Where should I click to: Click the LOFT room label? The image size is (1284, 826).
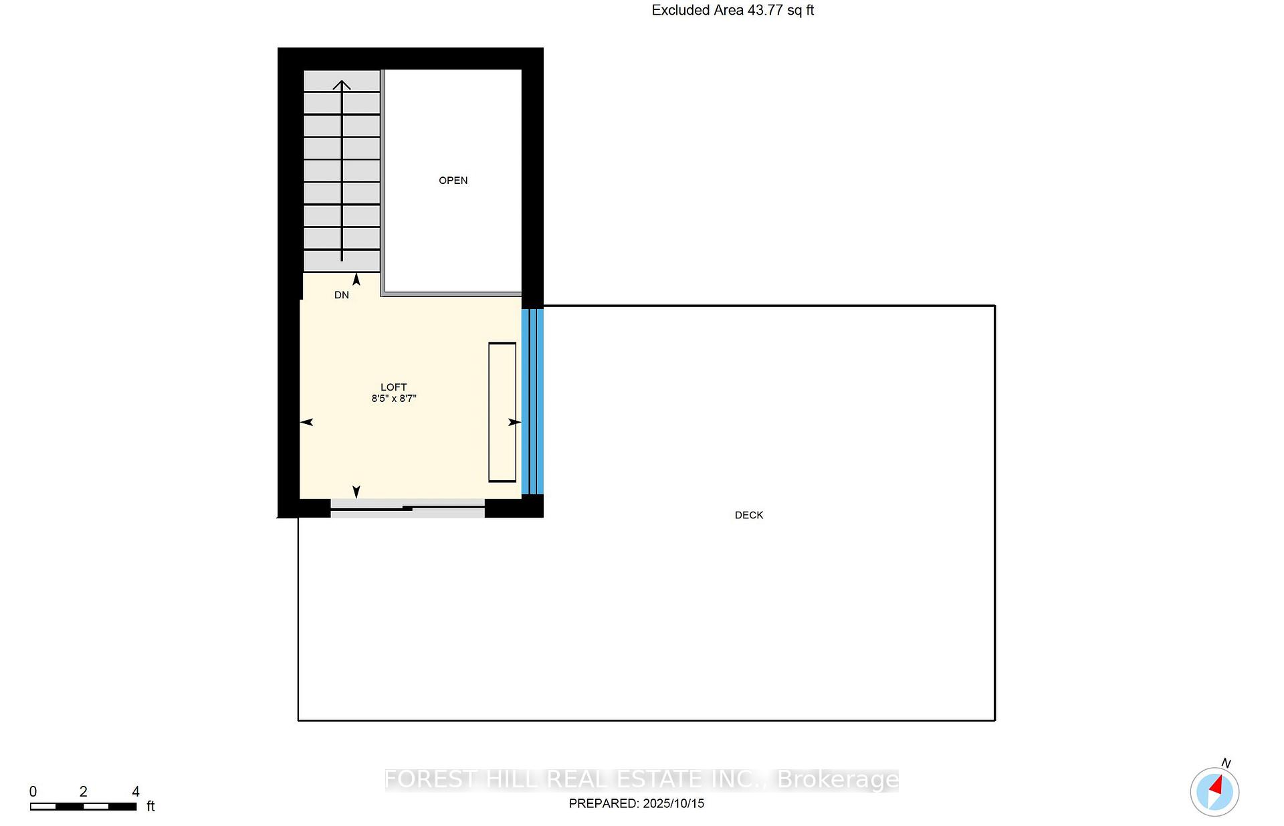[393, 387]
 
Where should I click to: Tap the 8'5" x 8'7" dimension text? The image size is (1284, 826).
[394, 399]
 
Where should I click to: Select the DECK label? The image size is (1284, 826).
[748, 515]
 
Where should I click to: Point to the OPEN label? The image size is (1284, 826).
[453, 181]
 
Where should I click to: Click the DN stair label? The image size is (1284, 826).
[341, 295]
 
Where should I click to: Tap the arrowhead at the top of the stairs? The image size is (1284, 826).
[342, 85]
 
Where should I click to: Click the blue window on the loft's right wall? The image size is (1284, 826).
[532, 401]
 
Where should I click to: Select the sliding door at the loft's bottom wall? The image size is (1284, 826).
[407, 509]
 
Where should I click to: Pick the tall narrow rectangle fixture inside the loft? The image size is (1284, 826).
[502, 412]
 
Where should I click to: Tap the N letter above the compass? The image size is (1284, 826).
[1226, 763]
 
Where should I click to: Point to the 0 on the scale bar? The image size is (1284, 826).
[33, 792]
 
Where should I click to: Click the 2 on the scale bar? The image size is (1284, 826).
[83, 792]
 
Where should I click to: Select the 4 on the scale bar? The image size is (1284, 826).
[135, 792]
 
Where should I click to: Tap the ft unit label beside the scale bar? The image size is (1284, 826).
[150, 807]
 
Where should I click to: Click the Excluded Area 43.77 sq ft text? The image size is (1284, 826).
[732, 10]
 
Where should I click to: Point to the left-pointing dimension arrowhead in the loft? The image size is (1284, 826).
[306, 422]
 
